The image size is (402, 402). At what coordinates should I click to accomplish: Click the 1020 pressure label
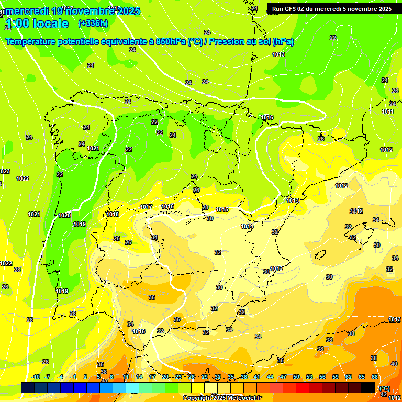[x=64, y=215]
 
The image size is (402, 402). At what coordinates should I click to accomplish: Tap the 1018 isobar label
[x=113, y=214]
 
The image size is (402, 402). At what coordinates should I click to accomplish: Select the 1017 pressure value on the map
[x=146, y=207]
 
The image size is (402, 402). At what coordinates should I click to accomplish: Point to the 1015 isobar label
[x=222, y=209]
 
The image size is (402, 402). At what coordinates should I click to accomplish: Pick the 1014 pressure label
[x=247, y=226]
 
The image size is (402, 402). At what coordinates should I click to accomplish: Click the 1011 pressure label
[x=387, y=111]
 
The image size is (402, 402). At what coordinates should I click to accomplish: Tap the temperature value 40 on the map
[x=394, y=363]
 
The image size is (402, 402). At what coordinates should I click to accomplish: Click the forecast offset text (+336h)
[x=93, y=23]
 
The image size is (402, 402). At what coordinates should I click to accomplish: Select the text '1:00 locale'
[x=37, y=24]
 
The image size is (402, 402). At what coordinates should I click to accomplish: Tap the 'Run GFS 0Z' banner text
[x=289, y=8]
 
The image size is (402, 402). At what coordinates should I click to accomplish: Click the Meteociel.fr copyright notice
[x=222, y=398]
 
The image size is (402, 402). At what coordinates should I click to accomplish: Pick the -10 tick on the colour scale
[x=36, y=377]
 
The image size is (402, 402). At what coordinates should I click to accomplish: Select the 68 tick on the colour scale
[x=375, y=377]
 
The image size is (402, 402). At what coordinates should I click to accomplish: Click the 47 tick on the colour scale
[x=283, y=377]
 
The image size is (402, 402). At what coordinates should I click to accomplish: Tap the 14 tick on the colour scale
[x=139, y=377]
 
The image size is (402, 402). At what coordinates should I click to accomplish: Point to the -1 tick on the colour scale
[x=74, y=377]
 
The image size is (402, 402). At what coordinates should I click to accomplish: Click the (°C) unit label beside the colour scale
[x=385, y=388]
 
